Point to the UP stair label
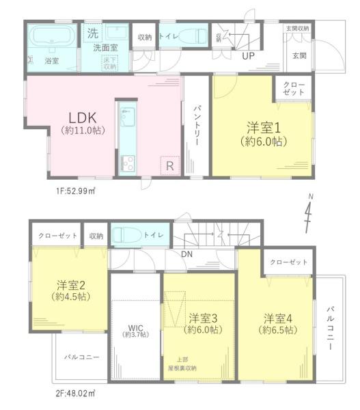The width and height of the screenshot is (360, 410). click(247, 56)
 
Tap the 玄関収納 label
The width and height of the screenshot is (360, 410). click(297, 29)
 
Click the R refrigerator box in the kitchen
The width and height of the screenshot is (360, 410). click(168, 165)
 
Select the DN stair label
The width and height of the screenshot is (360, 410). click(186, 256)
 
